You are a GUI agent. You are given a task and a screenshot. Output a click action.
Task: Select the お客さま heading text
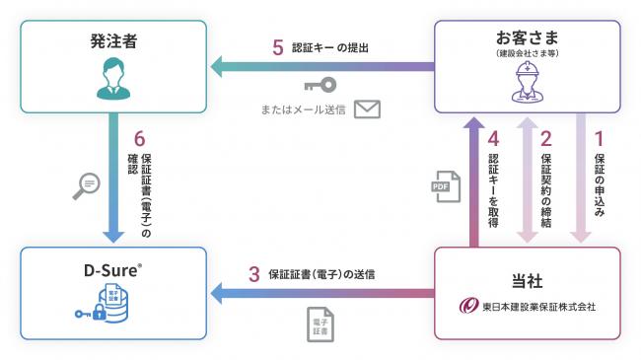(529, 39)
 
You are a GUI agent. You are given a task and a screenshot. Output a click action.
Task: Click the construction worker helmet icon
(528, 84)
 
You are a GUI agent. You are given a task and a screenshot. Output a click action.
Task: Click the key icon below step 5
(320, 84)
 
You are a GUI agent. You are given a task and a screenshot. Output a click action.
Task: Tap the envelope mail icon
(367, 108)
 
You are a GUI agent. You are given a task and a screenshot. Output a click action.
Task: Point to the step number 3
(253, 274)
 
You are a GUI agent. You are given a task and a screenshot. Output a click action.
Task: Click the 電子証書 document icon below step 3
(320, 324)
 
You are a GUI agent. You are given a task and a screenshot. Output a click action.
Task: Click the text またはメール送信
(302, 108)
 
